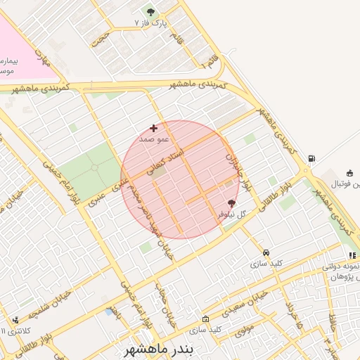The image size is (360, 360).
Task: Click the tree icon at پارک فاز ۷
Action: click(150, 12)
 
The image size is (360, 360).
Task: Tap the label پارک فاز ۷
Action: click(152, 23)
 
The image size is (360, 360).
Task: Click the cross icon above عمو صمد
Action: click(153, 128)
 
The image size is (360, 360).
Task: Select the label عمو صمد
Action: click(150, 139)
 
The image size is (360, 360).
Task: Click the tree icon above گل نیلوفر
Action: click(232, 203)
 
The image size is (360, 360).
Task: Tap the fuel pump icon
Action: click(310, 158)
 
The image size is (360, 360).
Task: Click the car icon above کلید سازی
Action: click(266, 252)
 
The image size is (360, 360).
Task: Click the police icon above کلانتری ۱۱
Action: click(15, 321)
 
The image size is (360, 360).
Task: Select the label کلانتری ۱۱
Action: click(15, 330)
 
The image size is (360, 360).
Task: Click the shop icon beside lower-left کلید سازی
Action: click(205, 319)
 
